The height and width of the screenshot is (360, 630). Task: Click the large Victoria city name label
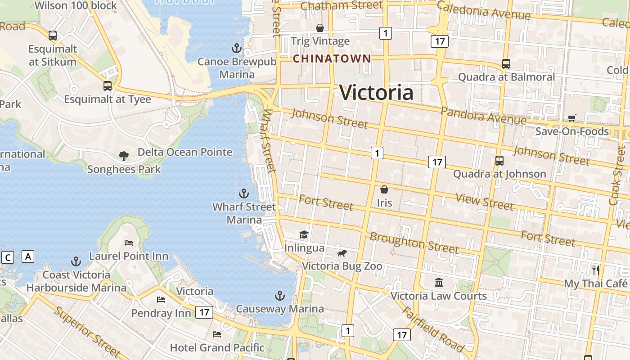pos(376,93)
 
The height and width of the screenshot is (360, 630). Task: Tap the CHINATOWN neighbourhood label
pos(332,58)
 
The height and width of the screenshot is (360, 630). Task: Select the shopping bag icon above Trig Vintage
pos(320,28)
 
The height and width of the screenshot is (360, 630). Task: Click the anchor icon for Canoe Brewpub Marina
pos(237,48)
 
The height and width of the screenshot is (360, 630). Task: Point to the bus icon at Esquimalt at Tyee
pos(108,85)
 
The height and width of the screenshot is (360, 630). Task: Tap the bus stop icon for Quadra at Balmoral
pos(506,64)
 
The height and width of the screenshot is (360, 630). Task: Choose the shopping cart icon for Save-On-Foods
pos(571,118)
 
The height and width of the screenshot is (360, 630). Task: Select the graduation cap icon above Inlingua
pos(304,234)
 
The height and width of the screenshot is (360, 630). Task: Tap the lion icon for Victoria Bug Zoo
pos(342,253)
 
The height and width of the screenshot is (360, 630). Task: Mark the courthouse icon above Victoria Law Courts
pos(439,282)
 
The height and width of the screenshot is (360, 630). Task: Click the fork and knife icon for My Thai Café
pos(596,270)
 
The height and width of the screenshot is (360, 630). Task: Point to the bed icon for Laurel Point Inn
pos(129,243)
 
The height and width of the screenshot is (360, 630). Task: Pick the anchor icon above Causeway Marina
pos(280,296)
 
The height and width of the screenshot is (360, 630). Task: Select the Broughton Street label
pos(414,243)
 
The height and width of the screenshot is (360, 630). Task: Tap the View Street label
pos(484,201)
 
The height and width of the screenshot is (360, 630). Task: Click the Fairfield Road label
pos(432,329)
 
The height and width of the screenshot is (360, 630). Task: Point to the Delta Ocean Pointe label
pos(185,152)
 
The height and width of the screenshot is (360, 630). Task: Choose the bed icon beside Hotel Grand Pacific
pos(217,334)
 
